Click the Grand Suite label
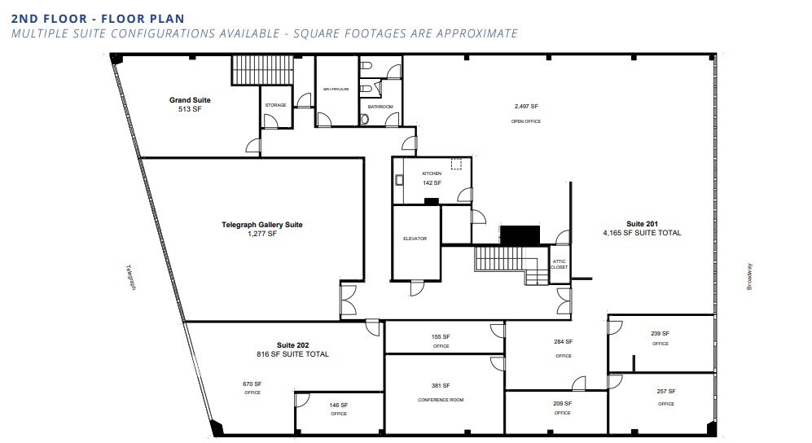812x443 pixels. [x=190, y=100]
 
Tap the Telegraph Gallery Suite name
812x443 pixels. [x=262, y=225]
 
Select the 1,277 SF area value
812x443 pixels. [x=261, y=234]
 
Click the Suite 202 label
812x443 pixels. [x=292, y=345]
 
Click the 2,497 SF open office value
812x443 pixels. [x=526, y=107]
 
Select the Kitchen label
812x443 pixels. [x=432, y=173]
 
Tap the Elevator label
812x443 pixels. [x=415, y=239]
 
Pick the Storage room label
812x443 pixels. [x=275, y=105]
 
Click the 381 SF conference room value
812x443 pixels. [x=441, y=385]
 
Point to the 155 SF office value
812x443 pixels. [x=441, y=336]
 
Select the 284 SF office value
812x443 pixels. [x=564, y=342]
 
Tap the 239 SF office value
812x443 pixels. [x=660, y=333]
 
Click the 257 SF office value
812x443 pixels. [x=665, y=392]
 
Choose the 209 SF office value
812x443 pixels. [x=562, y=403]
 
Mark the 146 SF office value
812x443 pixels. [x=339, y=405]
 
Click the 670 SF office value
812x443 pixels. [x=252, y=384]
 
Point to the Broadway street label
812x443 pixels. [x=750, y=276]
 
